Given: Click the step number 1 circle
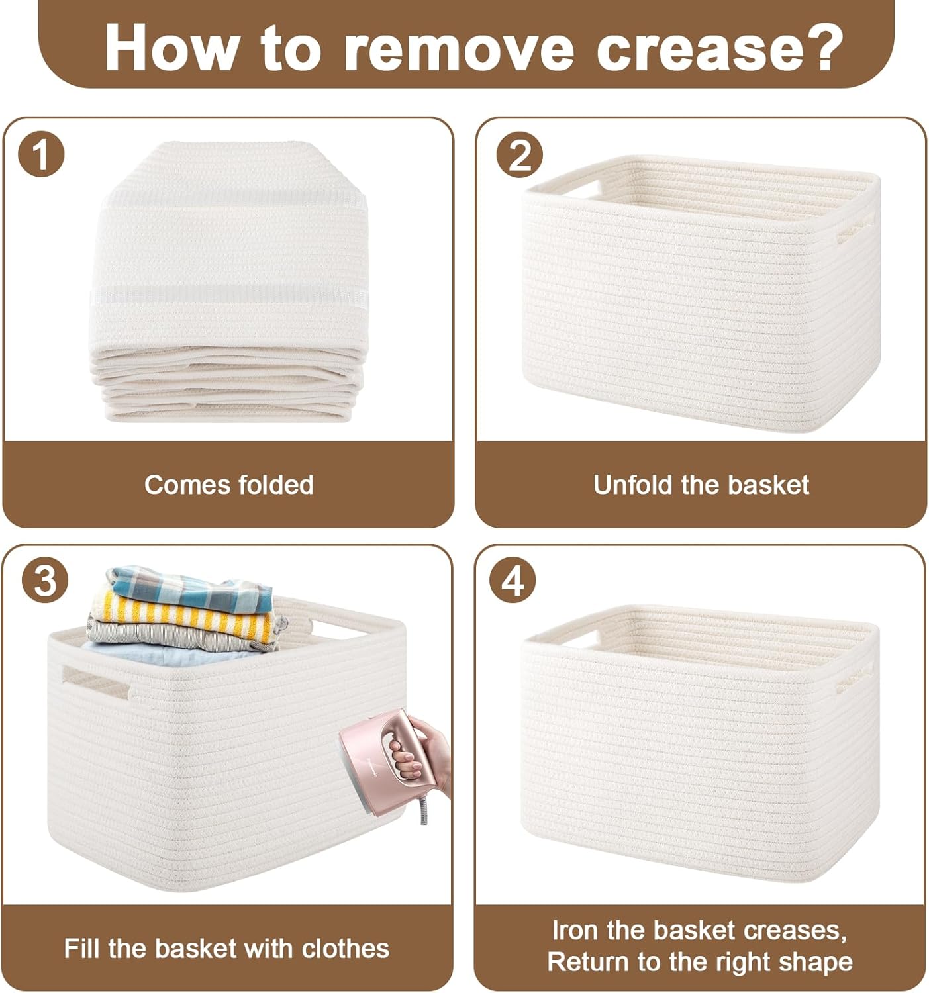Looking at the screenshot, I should pyautogui.click(x=41, y=155).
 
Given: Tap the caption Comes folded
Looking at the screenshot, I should pyautogui.click(x=228, y=485).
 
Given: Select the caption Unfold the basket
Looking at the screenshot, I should pyautogui.click(x=701, y=485).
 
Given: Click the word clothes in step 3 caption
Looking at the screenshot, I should pyautogui.click(x=345, y=949).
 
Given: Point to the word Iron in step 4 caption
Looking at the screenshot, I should pyautogui.click(x=575, y=930).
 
